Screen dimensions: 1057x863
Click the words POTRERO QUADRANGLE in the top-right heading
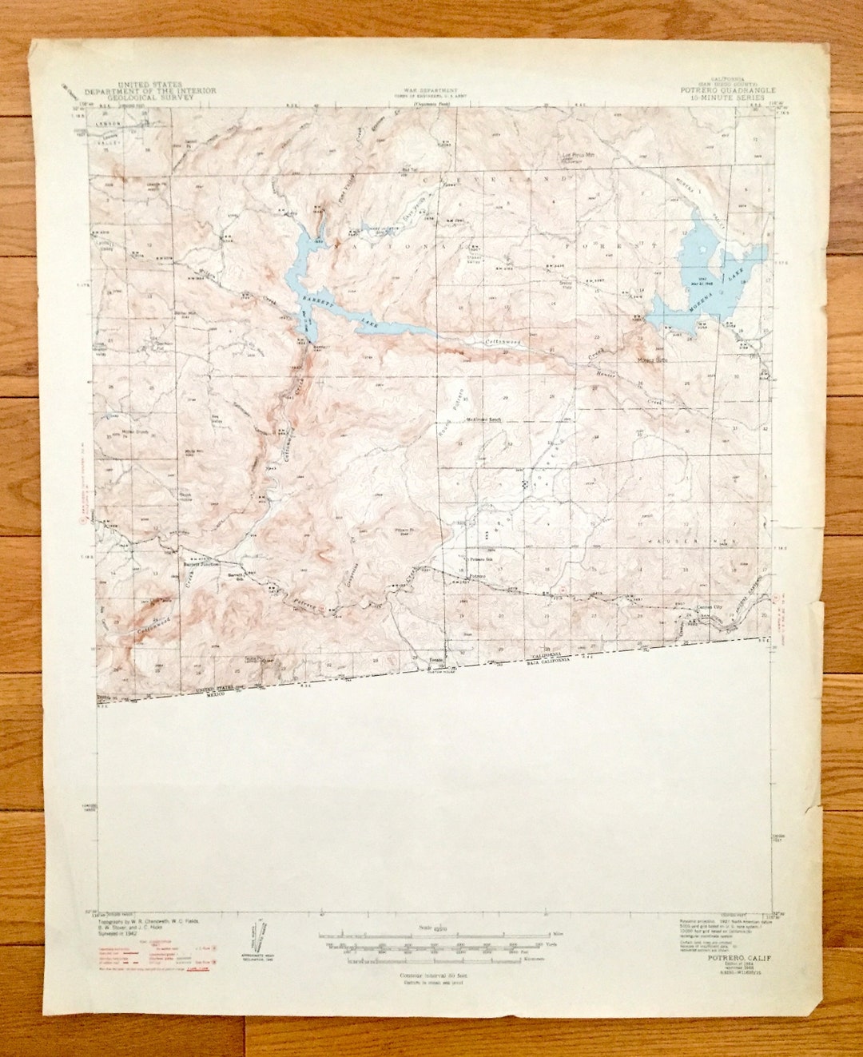pyautogui.click(x=724, y=90)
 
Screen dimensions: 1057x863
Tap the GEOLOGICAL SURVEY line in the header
pyautogui.click(x=166, y=97)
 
